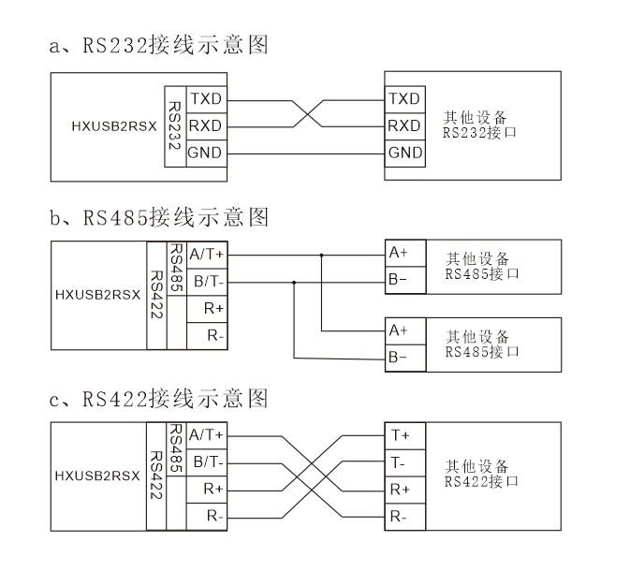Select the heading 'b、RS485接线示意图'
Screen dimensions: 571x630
click(x=159, y=218)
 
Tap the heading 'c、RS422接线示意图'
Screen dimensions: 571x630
click(x=159, y=400)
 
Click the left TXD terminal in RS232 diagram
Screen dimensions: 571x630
click(x=206, y=98)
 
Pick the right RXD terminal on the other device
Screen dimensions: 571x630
click(x=404, y=125)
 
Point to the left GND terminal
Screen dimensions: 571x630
click(x=206, y=153)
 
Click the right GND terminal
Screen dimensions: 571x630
click(x=404, y=153)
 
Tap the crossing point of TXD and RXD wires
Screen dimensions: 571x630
click(x=305, y=112)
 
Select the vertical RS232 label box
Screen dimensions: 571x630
click(x=174, y=125)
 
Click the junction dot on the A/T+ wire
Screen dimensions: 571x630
click(x=321, y=254)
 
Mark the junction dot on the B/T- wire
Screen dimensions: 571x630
click(x=294, y=281)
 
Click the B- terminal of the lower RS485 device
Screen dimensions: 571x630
click(x=402, y=358)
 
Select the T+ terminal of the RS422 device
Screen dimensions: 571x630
click(x=402, y=435)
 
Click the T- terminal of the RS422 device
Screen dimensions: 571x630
click(x=402, y=462)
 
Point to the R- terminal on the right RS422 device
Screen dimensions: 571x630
click(x=402, y=516)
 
